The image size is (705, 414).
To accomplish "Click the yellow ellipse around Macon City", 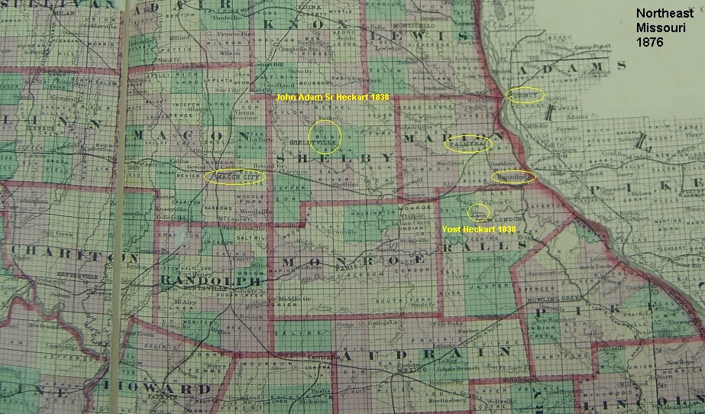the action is [x=234, y=176].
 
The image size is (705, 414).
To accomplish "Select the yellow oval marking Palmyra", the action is [x=467, y=144].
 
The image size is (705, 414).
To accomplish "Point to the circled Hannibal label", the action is [x=513, y=176].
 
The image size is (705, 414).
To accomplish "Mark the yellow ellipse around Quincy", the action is [x=526, y=95].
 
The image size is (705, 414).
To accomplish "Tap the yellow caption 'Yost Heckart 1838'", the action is [x=479, y=228].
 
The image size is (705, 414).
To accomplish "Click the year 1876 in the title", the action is [x=652, y=42].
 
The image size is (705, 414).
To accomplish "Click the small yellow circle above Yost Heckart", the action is [x=479, y=211].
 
